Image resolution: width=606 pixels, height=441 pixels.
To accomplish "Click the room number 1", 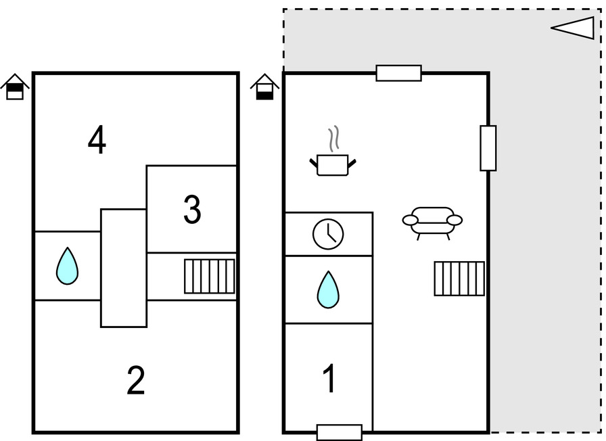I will click(329, 379).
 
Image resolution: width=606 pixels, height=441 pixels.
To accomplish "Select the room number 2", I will click(136, 381).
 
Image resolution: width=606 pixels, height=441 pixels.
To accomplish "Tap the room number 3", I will click(192, 210).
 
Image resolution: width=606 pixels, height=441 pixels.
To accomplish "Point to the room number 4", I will click(97, 141).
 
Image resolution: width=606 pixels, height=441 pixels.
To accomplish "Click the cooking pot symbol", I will click(333, 165).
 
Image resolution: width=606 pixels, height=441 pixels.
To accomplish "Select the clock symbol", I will click(328, 234).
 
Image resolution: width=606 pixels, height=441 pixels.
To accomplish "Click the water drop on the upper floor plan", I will click(67, 266).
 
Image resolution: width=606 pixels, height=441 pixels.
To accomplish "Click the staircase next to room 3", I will click(210, 277).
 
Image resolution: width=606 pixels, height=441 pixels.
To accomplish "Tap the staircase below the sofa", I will click(459, 279).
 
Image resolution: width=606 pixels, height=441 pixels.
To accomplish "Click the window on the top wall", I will click(398, 73).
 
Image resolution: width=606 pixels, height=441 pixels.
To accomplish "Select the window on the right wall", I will click(488, 148).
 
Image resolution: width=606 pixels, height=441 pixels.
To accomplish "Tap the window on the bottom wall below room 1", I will click(339, 432).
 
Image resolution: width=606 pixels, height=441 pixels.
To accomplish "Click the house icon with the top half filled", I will click(15, 87).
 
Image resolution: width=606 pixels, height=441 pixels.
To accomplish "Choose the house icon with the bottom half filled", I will click(265, 87).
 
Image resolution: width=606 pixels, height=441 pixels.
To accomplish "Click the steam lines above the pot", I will click(333, 140).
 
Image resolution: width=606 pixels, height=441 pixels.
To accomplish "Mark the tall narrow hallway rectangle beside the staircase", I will click(124, 268).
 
